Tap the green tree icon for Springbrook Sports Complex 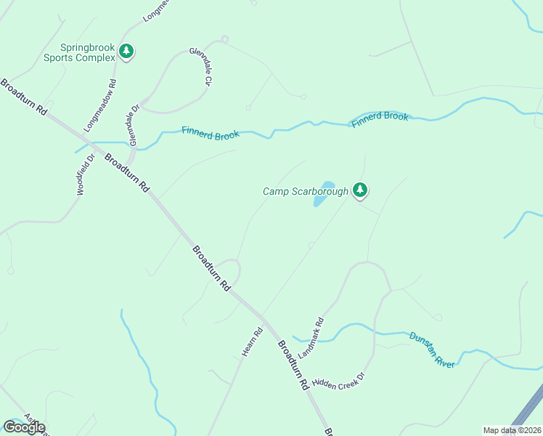pos(127,51)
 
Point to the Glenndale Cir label pos(200,67)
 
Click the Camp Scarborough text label pos(306,191)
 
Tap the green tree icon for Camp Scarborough pos(359,190)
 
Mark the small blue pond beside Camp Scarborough pos(323,194)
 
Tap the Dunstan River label pos(432,350)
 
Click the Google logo pos(24,427)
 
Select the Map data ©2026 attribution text pos(512,430)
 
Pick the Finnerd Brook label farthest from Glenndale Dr pos(380,120)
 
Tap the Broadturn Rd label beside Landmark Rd pos(293,366)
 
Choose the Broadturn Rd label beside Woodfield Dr pos(127,171)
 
